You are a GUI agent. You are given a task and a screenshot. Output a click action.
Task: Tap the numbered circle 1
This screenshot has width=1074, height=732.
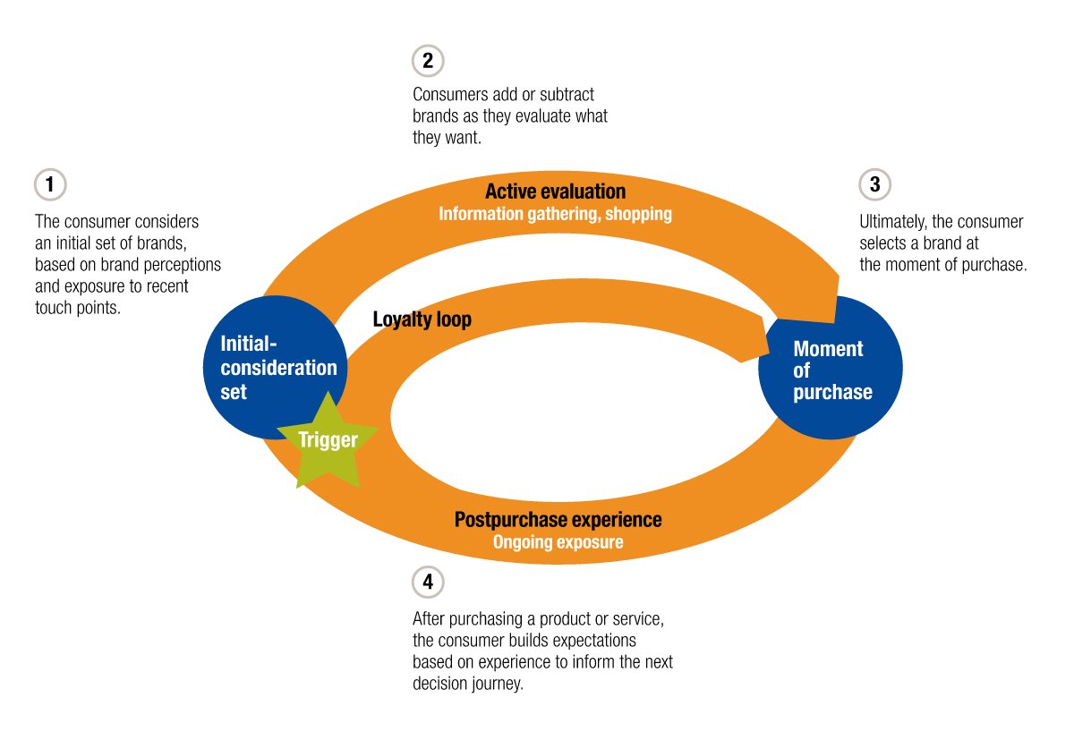tap(50, 185)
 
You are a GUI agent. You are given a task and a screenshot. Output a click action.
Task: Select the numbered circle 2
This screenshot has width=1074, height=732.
tap(428, 61)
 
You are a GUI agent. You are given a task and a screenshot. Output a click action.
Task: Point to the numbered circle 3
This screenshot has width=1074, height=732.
tap(874, 185)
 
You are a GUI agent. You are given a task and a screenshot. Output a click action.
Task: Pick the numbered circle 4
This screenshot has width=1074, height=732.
tap(428, 583)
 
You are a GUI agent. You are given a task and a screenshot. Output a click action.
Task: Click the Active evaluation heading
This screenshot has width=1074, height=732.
tap(555, 192)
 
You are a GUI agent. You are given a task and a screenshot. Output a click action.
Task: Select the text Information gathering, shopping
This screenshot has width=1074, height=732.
tap(555, 214)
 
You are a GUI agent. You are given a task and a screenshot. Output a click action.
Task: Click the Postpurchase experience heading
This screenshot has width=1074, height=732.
tap(558, 520)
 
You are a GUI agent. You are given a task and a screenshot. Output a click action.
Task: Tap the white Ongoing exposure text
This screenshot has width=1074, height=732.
tap(558, 542)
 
